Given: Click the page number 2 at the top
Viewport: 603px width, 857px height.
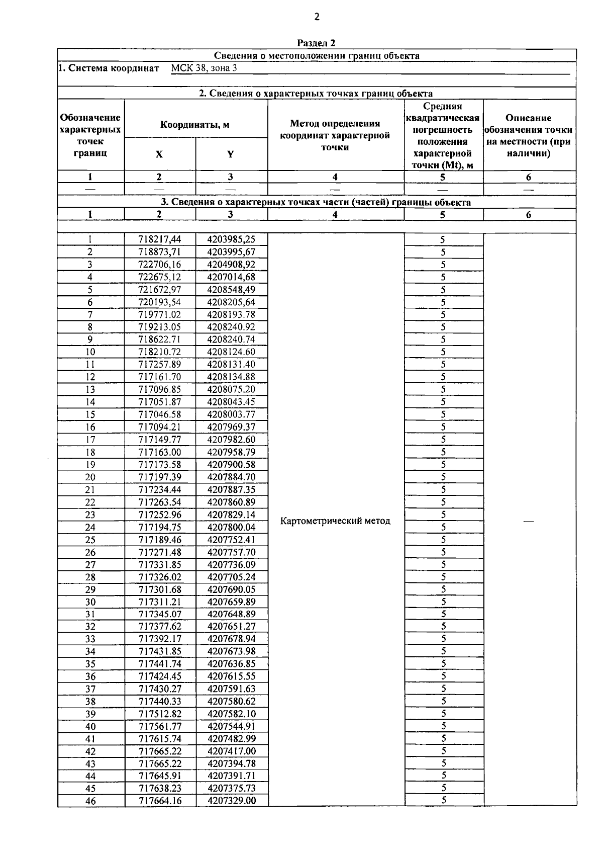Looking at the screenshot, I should point(317,17).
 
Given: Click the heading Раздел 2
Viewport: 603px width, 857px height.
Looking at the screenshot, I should point(316,43).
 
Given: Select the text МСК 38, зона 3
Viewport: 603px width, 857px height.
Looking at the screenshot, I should point(204,68).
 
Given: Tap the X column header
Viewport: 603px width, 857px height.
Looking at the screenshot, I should point(159,154).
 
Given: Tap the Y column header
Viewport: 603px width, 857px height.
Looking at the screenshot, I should point(231,154).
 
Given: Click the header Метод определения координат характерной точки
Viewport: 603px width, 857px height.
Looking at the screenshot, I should point(335,135).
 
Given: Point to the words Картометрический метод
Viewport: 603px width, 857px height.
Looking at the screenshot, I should point(335,521).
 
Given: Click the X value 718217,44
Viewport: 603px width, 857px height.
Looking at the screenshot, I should point(160,240).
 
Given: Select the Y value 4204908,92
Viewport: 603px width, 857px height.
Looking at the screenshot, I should point(231,265).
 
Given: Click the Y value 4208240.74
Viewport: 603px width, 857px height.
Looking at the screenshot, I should point(231,339).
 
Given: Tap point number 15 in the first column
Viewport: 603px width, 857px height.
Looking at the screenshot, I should point(90,414).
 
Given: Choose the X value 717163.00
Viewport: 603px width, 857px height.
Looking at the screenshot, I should point(160,452).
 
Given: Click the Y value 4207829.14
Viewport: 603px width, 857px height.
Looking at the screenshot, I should point(231,515).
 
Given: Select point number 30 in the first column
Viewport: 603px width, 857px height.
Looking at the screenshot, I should point(90,602).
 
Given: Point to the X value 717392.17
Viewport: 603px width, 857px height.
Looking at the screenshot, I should point(160,639).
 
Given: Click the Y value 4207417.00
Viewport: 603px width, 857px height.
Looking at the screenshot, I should point(231,751).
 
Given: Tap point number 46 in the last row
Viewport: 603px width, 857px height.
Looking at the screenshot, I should point(90,801).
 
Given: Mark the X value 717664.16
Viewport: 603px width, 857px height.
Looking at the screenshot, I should point(160,801).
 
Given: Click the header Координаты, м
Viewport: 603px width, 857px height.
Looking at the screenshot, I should point(195,125).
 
